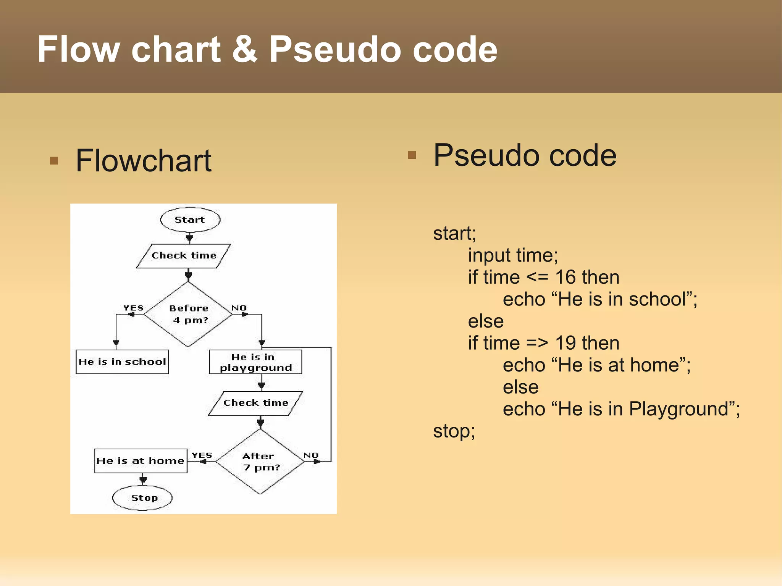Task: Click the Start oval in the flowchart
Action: click(x=190, y=220)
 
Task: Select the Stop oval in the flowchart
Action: click(x=142, y=498)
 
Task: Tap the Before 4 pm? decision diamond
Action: click(x=188, y=314)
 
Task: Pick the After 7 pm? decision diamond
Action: click(x=260, y=462)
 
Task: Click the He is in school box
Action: click(x=122, y=362)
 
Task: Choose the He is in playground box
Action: click(x=255, y=362)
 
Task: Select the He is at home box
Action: click(x=141, y=461)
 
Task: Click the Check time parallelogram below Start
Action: click(x=184, y=256)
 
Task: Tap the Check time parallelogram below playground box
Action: click(x=255, y=403)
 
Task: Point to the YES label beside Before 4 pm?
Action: click(x=133, y=308)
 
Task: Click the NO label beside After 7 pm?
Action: click(x=311, y=455)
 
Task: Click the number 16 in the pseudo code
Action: click(x=565, y=277)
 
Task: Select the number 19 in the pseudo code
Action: click(x=565, y=343)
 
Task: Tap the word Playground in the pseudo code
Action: click(x=679, y=409)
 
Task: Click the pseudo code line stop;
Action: click(x=454, y=431)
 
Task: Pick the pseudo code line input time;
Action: click(x=513, y=255)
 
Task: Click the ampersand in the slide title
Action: click(x=244, y=49)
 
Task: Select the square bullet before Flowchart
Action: click(x=54, y=160)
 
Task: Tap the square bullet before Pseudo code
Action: click(x=412, y=155)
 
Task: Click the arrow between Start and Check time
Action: click(x=189, y=238)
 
